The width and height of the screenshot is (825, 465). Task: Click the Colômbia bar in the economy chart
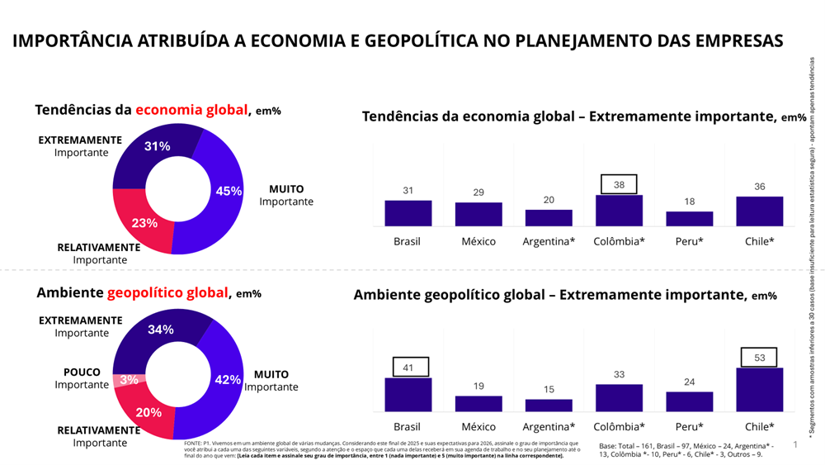point(619,211)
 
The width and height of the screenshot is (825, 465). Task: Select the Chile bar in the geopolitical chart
point(759,390)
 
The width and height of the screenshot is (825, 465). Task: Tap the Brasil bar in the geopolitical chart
point(408,395)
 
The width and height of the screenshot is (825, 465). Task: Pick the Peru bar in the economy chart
point(689,219)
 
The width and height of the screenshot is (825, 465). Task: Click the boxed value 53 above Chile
point(759,358)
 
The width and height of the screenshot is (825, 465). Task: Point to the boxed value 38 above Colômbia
point(619,184)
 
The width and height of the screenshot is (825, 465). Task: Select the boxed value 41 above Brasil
point(408,368)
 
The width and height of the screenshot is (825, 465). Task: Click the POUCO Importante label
point(82,378)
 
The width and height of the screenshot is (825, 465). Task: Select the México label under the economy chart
point(478,241)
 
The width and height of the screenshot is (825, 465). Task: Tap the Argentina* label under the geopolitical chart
point(549,427)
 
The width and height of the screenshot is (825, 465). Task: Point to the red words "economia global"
point(192,110)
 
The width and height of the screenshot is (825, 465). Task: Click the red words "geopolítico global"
point(167,292)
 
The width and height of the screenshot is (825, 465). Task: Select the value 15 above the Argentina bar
point(549,390)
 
